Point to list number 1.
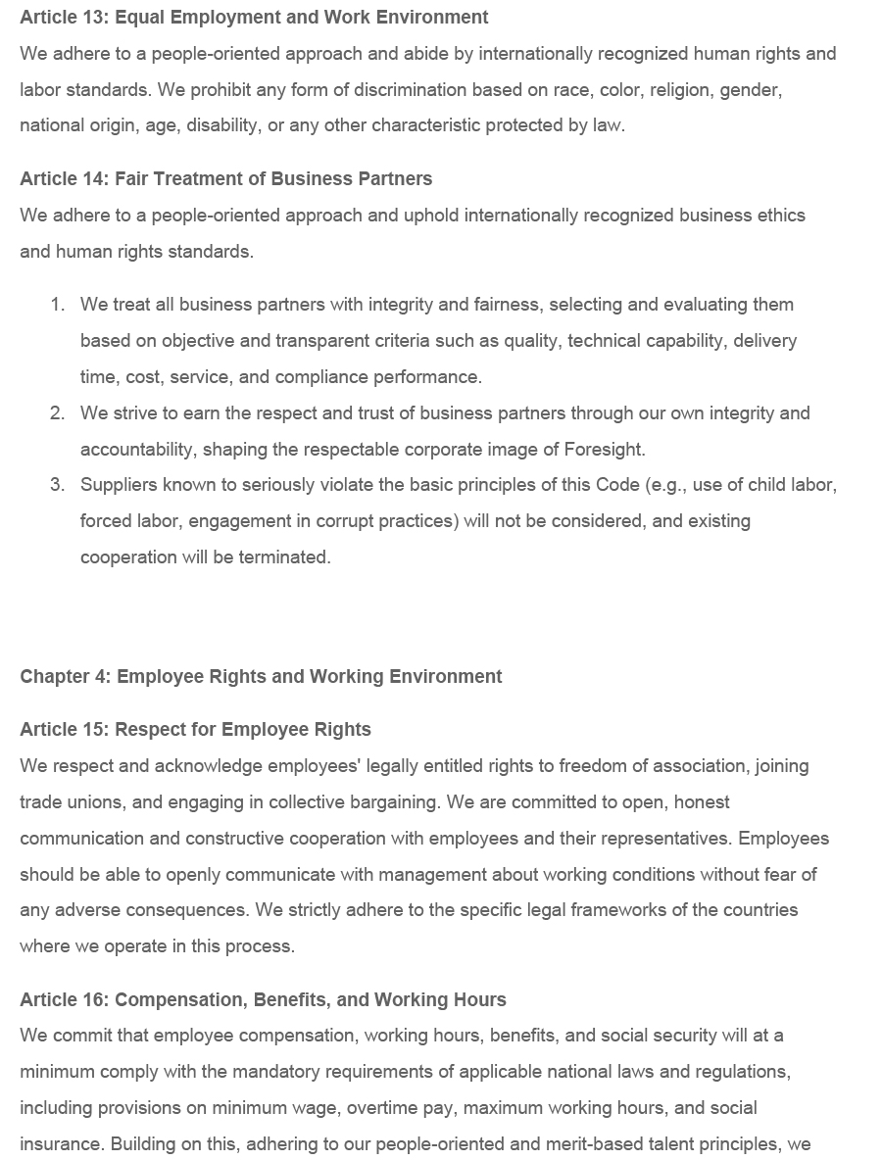(57, 305)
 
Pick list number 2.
(57, 413)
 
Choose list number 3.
(57, 485)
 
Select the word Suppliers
(117, 485)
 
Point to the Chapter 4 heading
(261, 677)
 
